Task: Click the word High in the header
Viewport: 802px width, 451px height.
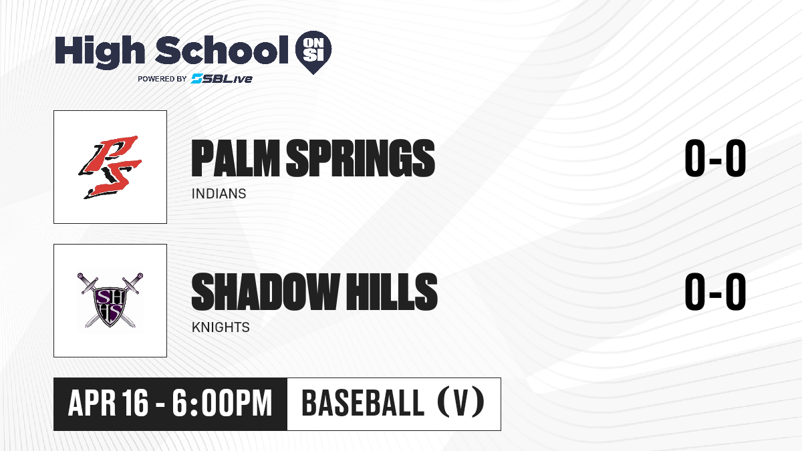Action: pyautogui.click(x=100, y=52)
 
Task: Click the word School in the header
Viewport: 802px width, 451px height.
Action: pyautogui.click(x=221, y=49)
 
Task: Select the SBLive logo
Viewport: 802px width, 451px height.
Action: pyautogui.click(x=222, y=79)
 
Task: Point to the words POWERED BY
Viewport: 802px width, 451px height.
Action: pyautogui.click(x=162, y=79)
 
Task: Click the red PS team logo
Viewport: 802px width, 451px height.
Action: pyautogui.click(x=110, y=167)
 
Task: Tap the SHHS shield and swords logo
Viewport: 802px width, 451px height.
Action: pyautogui.click(x=110, y=300)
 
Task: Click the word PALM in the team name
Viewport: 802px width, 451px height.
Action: pyautogui.click(x=235, y=158)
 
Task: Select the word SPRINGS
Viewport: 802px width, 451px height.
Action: pyautogui.click(x=360, y=158)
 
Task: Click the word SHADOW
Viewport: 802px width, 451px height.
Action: pyautogui.click(x=266, y=291)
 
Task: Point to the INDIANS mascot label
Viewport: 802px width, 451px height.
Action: pyautogui.click(x=219, y=194)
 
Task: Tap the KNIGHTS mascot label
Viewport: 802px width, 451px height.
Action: pyautogui.click(x=221, y=327)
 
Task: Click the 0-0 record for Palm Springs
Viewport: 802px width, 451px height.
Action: pyautogui.click(x=715, y=158)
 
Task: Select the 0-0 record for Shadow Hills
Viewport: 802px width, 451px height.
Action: pyautogui.click(x=715, y=291)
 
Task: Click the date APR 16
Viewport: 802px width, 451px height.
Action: pyautogui.click(x=108, y=403)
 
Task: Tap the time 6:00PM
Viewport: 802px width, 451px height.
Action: pyautogui.click(x=222, y=403)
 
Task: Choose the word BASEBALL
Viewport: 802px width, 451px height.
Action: pyautogui.click(x=363, y=403)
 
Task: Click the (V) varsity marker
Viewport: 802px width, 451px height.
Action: pyautogui.click(x=461, y=402)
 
